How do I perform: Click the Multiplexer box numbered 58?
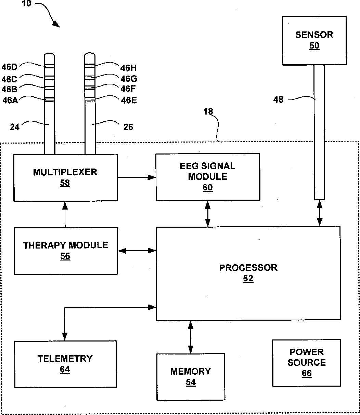pos(65,177)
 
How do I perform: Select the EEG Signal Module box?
pos(207,176)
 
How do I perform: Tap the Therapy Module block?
pos(66,251)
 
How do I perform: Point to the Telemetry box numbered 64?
pos(65,364)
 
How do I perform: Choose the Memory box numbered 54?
pos(191,376)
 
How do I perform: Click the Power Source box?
pos(306,362)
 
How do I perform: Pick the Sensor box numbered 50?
pos(314,40)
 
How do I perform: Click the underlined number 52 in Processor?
pos(248,279)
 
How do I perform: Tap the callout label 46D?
pos(9,66)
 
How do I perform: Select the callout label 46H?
pos(129,67)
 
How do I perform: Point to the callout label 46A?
pos(10,100)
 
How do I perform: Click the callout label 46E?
pos(129,100)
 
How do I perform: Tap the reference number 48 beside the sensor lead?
pos(279,100)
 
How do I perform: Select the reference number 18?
pos(208,112)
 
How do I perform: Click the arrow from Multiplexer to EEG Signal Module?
pos(137,177)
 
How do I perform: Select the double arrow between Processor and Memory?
pos(191,337)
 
